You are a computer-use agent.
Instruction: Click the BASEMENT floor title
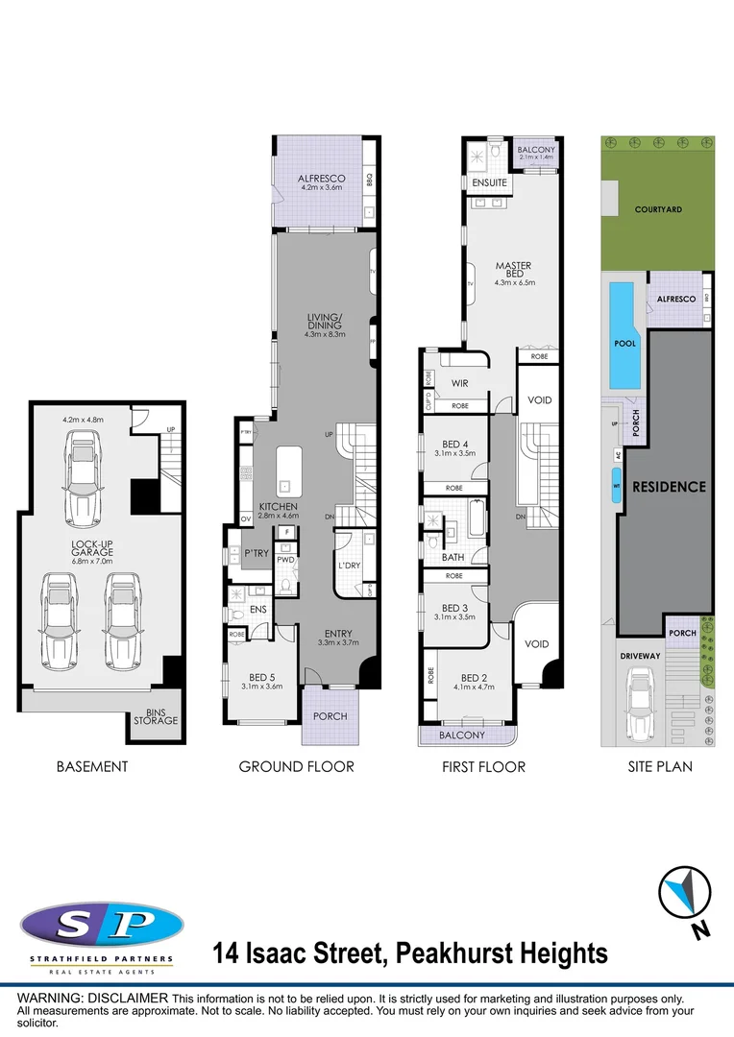coord(91,766)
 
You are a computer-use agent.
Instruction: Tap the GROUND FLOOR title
coord(296,766)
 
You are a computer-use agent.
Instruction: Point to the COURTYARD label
coord(658,209)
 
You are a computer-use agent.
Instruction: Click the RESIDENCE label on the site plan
coord(669,487)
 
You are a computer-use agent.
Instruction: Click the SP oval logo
coord(102,926)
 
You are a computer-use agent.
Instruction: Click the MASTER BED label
coord(513,271)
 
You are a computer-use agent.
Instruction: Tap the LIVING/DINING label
coord(323,320)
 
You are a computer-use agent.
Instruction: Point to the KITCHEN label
coord(278,506)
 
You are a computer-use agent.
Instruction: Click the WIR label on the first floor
coord(459,384)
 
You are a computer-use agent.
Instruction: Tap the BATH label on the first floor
coord(453,557)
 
